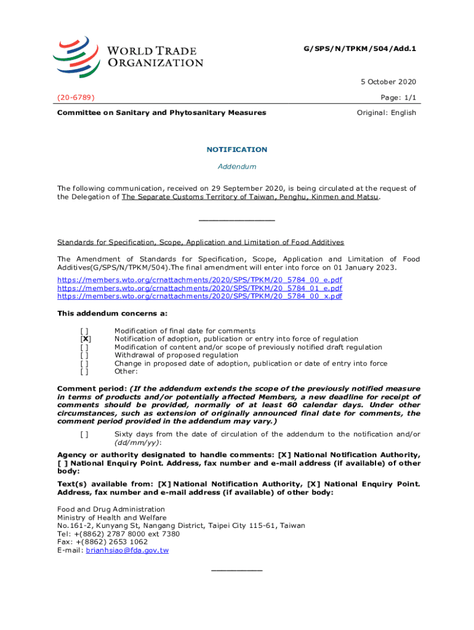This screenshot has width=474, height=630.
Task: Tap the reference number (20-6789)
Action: click(x=76, y=97)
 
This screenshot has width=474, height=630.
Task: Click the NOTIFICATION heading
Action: click(x=237, y=150)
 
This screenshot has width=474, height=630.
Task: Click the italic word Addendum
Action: click(x=237, y=166)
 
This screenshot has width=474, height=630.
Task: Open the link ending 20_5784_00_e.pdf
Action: click(x=199, y=280)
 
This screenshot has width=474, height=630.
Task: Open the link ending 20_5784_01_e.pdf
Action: click(x=199, y=288)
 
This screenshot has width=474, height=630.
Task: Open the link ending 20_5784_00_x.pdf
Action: click(x=199, y=296)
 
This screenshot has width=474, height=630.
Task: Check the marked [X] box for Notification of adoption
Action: click(x=86, y=339)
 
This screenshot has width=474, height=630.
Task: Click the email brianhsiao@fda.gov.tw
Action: click(x=127, y=550)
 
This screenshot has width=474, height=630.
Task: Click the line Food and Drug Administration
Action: click(x=111, y=509)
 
